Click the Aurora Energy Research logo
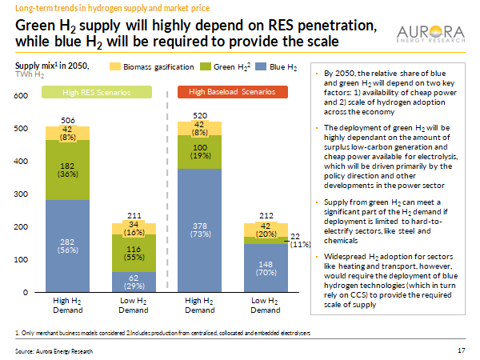point(431,34)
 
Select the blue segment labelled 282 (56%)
point(68,245)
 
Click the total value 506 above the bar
point(68,121)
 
